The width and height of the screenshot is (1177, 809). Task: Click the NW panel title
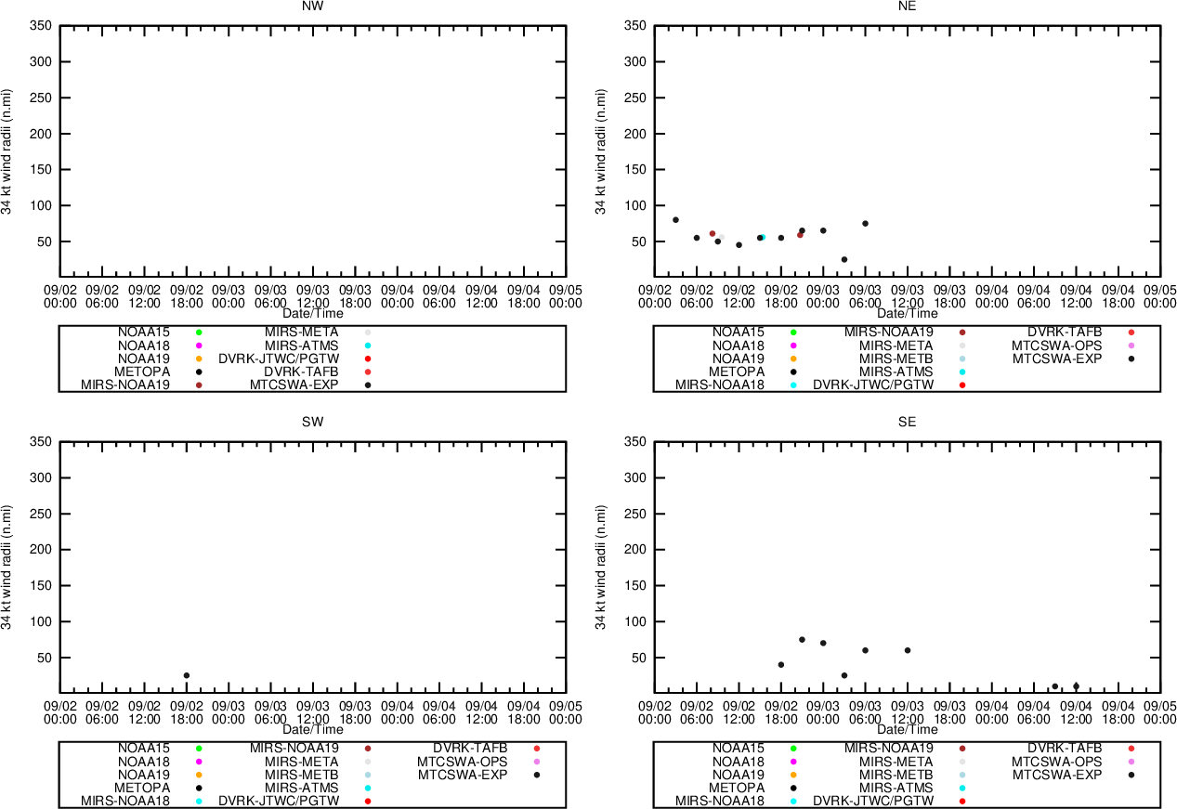[x=313, y=6]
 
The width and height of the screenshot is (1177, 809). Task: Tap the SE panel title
[x=908, y=422]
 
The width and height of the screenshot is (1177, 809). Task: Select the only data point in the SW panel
[x=187, y=675]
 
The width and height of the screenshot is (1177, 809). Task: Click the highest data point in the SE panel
[x=802, y=639]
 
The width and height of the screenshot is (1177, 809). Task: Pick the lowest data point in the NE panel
[x=844, y=259]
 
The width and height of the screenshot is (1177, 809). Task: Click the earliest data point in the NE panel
[x=675, y=220]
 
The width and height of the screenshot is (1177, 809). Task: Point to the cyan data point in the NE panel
[x=763, y=237]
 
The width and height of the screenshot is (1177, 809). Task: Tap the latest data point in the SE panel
[x=1076, y=686]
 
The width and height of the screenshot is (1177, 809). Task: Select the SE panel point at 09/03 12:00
[x=908, y=650]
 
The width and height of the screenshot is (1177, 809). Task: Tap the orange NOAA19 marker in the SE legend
[x=793, y=775]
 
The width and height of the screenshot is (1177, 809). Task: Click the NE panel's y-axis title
[x=601, y=151]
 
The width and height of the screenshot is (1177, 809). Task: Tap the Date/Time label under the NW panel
[x=313, y=314]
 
